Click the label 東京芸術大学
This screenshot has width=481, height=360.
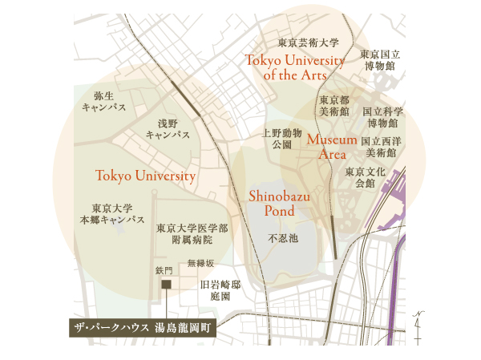(x=309, y=42)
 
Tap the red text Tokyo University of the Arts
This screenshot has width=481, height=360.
(x=295, y=67)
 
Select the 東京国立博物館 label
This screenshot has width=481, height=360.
(x=378, y=60)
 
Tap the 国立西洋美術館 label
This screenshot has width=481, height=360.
(x=381, y=146)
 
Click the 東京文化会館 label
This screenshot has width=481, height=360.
(x=366, y=177)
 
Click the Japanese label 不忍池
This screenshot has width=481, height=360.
(x=282, y=238)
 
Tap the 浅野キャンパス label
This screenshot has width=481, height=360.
(x=168, y=129)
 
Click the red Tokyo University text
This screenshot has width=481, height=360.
(x=145, y=176)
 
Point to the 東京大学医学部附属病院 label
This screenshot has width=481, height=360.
(x=192, y=233)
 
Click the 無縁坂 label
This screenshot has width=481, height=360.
(x=200, y=263)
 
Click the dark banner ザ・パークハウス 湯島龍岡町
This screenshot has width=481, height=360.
(x=140, y=329)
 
